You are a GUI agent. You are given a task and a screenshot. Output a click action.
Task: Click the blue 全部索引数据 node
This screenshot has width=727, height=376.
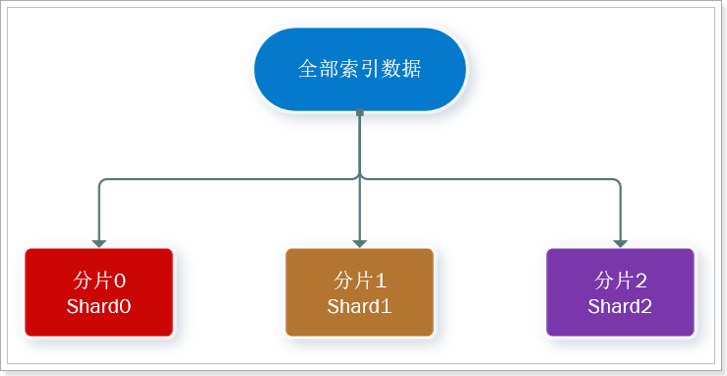coord(359,69)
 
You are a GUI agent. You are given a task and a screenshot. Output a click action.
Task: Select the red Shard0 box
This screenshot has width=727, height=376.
coord(98,292)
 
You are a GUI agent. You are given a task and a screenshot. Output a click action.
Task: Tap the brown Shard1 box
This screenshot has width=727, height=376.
coord(359,292)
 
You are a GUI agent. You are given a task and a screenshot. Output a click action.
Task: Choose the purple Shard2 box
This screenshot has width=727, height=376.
coord(620,292)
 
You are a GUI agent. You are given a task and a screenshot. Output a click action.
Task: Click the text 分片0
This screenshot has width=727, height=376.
coord(98,279)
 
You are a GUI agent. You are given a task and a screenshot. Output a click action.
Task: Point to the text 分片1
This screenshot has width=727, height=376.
coord(359,279)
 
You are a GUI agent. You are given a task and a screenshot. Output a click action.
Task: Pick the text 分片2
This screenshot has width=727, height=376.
coord(620,279)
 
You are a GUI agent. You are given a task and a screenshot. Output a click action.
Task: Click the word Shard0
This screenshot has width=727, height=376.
coord(98,306)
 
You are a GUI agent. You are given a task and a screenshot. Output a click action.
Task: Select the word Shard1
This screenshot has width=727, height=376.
coord(359,306)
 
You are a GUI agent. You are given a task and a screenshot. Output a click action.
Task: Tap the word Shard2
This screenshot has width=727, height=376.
coord(620,306)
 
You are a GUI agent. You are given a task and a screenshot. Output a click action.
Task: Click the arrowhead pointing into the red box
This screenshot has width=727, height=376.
coord(98,242)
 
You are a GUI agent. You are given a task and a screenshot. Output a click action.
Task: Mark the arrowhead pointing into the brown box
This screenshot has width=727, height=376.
coord(359,242)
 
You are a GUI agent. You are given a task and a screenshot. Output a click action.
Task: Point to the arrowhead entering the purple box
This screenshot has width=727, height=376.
coord(620,242)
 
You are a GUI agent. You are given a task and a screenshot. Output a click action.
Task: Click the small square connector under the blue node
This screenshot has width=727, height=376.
coord(359,112)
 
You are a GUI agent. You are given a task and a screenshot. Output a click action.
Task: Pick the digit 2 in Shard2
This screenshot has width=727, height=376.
coord(646,306)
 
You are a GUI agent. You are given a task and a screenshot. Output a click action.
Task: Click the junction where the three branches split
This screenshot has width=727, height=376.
coord(359,179)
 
